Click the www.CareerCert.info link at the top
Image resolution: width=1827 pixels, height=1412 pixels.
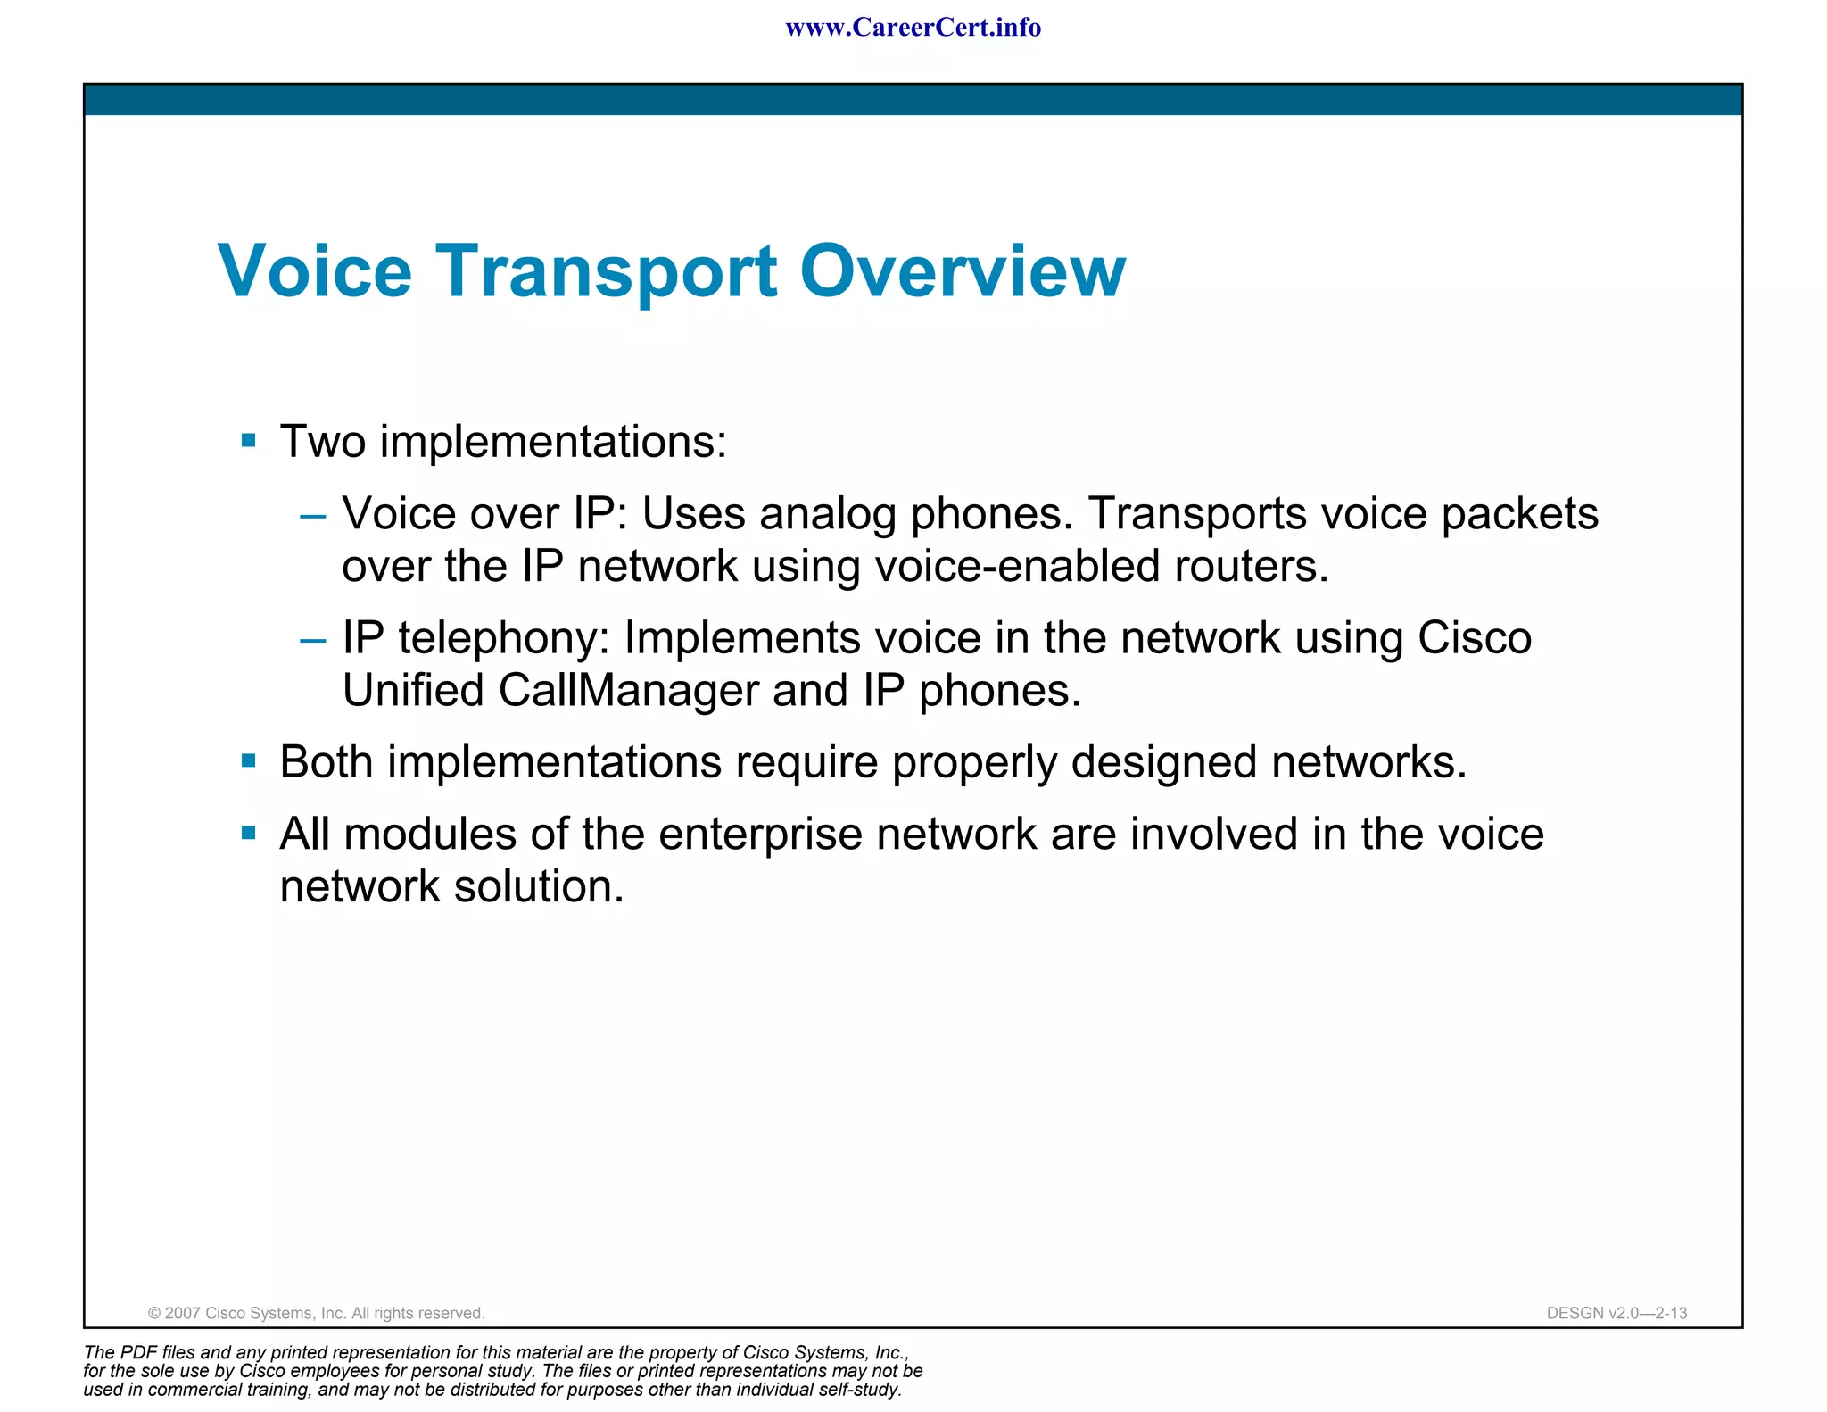click(913, 28)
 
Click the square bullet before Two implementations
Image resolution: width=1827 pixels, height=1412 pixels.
click(249, 440)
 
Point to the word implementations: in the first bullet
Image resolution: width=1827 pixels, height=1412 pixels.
click(553, 442)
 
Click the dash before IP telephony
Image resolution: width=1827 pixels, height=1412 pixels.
click(313, 640)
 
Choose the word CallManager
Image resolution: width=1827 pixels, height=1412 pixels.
click(628, 690)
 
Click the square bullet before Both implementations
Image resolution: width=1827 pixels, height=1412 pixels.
click(249, 761)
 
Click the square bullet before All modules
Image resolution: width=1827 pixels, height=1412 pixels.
click(249, 833)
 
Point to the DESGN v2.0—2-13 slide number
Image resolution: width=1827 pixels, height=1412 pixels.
click(1616, 1313)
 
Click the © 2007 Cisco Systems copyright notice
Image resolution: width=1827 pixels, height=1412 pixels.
click(316, 1313)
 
